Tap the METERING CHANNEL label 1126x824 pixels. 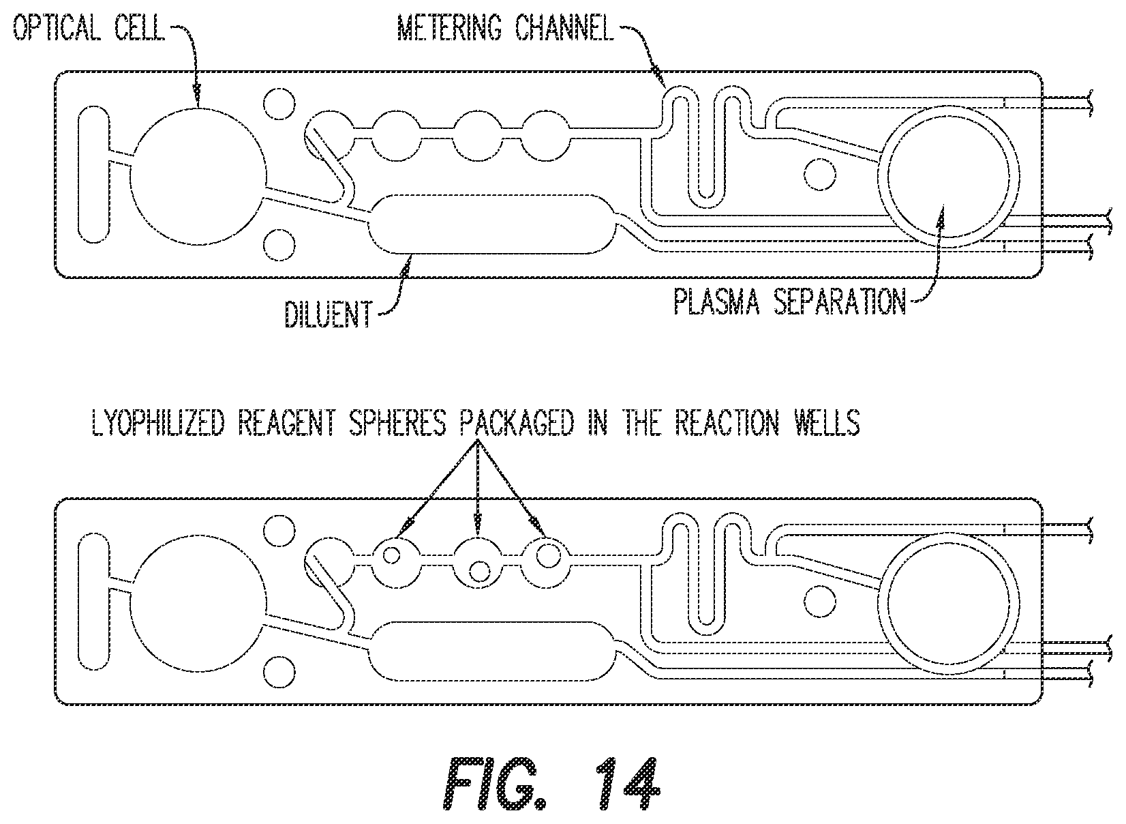tap(506, 27)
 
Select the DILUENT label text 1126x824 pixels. tap(329, 314)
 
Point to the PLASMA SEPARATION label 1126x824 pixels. tap(789, 301)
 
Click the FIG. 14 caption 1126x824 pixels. tap(551, 784)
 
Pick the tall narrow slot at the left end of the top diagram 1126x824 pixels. tap(93, 175)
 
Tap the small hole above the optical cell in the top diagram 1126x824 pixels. tap(279, 104)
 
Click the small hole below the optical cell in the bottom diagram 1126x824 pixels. tap(279, 672)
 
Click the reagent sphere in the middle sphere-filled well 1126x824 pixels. tap(479, 572)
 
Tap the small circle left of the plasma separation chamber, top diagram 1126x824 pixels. tap(820, 175)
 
